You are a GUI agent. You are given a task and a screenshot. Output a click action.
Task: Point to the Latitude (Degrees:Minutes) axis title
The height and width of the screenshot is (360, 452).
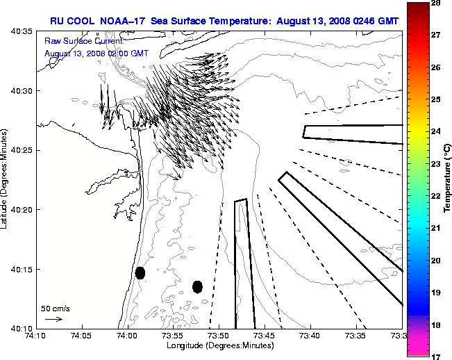(x=6, y=179)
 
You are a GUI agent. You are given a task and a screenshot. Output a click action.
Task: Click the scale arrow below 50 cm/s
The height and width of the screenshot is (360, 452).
(x=53, y=319)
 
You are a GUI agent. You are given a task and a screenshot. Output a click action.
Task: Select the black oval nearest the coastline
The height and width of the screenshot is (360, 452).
(x=140, y=272)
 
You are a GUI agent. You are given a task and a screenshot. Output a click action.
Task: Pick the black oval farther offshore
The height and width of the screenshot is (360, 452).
(x=197, y=286)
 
